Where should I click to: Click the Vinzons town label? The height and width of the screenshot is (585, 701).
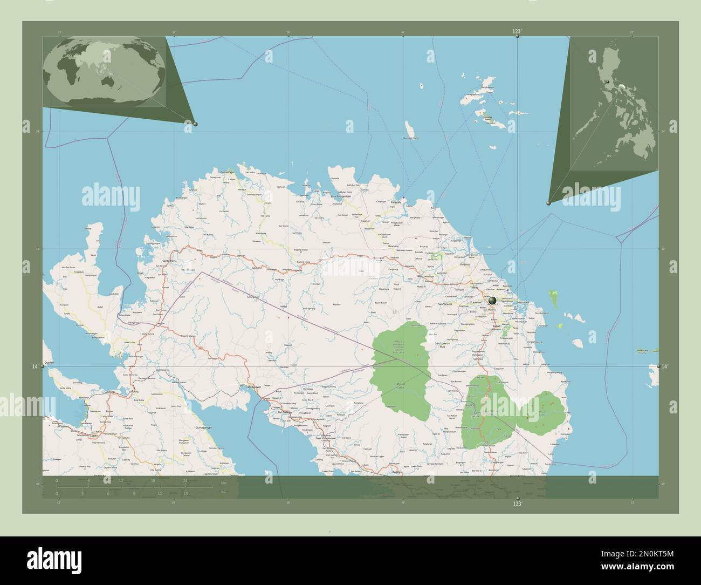click(x=465, y=264)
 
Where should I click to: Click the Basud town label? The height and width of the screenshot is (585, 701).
click(x=497, y=327)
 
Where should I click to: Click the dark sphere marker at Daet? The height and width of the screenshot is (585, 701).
click(x=492, y=300)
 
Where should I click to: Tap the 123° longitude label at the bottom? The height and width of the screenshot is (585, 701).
click(x=517, y=504)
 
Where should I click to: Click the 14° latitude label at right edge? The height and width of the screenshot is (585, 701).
click(x=665, y=366)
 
